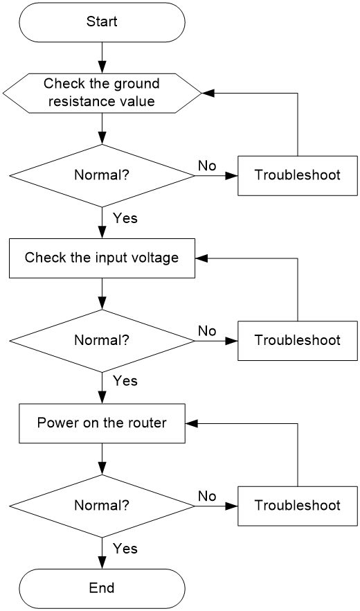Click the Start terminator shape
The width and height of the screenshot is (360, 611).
tap(102, 22)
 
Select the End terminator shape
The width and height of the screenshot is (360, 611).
tap(102, 588)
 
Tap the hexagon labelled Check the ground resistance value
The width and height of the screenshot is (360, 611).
tap(102, 93)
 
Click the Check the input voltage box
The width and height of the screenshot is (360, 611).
tap(102, 258)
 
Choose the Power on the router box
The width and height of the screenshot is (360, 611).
tap(102, 423)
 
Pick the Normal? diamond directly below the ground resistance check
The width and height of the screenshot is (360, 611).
tap(102, 176)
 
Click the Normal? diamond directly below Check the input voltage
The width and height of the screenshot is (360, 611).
tap(102, 341)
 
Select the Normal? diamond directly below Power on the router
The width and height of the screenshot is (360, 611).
tap(102, 506)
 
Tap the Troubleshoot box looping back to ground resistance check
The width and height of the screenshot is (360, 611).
tap(298, 176)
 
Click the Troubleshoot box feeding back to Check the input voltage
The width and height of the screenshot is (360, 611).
tap(298, 341)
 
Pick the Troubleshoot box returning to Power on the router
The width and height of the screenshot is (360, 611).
tap(298, 506)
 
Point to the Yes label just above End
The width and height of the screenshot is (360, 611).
tap(125, 549)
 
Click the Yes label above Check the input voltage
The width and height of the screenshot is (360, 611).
tap(125, 218)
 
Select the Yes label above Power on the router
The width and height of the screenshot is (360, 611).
tap(125, 380)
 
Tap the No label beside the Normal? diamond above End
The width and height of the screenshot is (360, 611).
tap(207, 497)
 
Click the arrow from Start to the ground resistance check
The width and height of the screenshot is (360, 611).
tap(102, 57)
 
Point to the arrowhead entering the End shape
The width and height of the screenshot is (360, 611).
tap(102, 563)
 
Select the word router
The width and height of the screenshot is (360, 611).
tap(148, 423)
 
